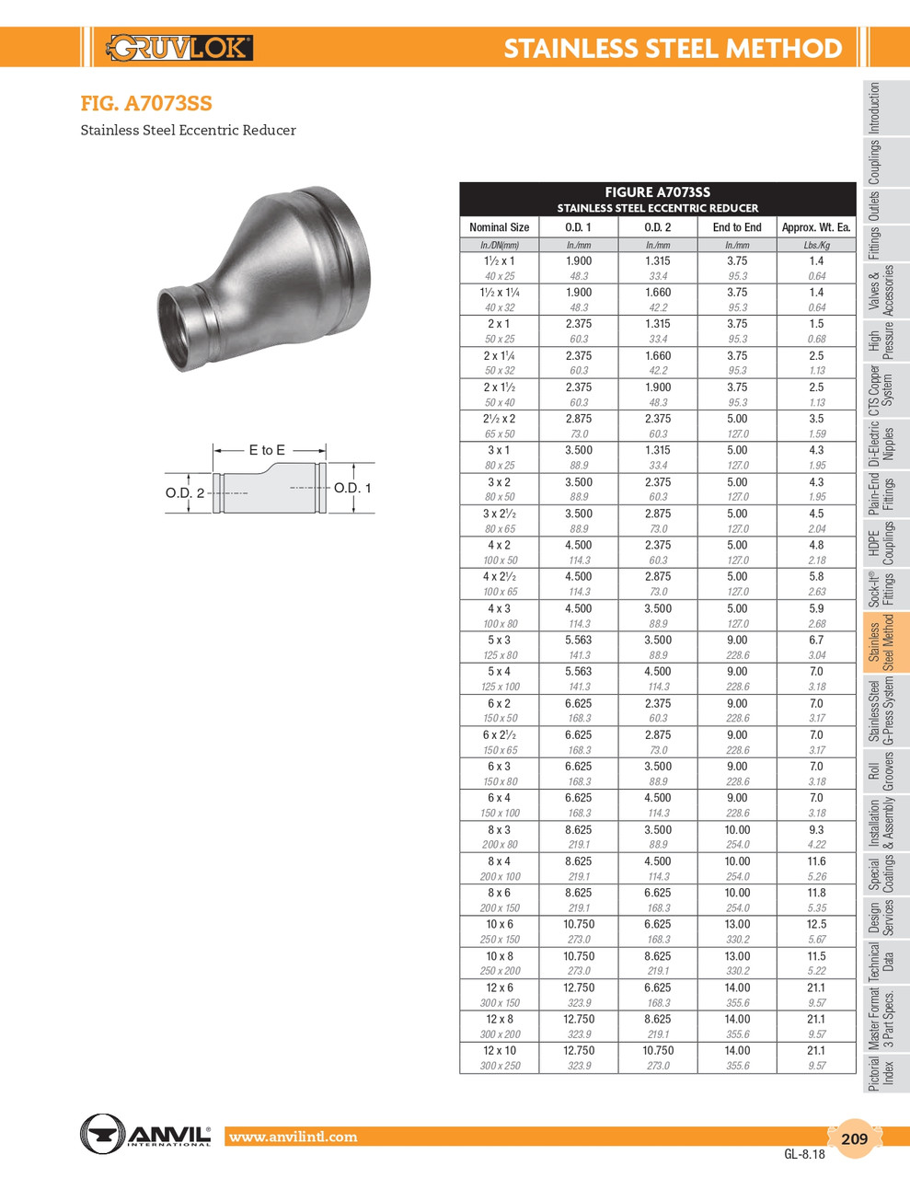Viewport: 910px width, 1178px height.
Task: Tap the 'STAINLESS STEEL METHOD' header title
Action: (x=673, y=48)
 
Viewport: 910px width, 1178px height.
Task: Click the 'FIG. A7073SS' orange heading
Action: (x=146, y=104)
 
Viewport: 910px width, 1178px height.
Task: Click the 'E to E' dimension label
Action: (x=267, y=450)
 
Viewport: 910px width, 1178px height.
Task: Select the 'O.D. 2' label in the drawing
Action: (x=185, y=493)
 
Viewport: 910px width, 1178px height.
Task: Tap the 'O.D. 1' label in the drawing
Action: (x=352, y=488)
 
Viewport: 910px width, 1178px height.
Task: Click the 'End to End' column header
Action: (x=737, y=227)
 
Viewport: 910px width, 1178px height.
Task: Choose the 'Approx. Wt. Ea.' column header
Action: (x=816, y=227)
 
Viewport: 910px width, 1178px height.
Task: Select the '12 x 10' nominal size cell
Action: (x=500, y=1051)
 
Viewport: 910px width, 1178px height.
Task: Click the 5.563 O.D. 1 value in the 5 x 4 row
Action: (x=578, y=672)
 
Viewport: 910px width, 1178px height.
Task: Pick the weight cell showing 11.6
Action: (x=816, y=861)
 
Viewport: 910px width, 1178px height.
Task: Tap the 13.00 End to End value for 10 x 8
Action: (x=737, y=956)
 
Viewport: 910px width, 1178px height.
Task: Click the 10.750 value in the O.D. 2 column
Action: (x=658, y=1051)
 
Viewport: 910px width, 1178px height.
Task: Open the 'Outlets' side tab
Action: (x=874, y=206)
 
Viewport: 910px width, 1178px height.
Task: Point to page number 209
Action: (x=854, y=1138)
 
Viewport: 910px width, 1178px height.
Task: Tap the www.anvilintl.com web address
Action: (x=294, y=1138)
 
